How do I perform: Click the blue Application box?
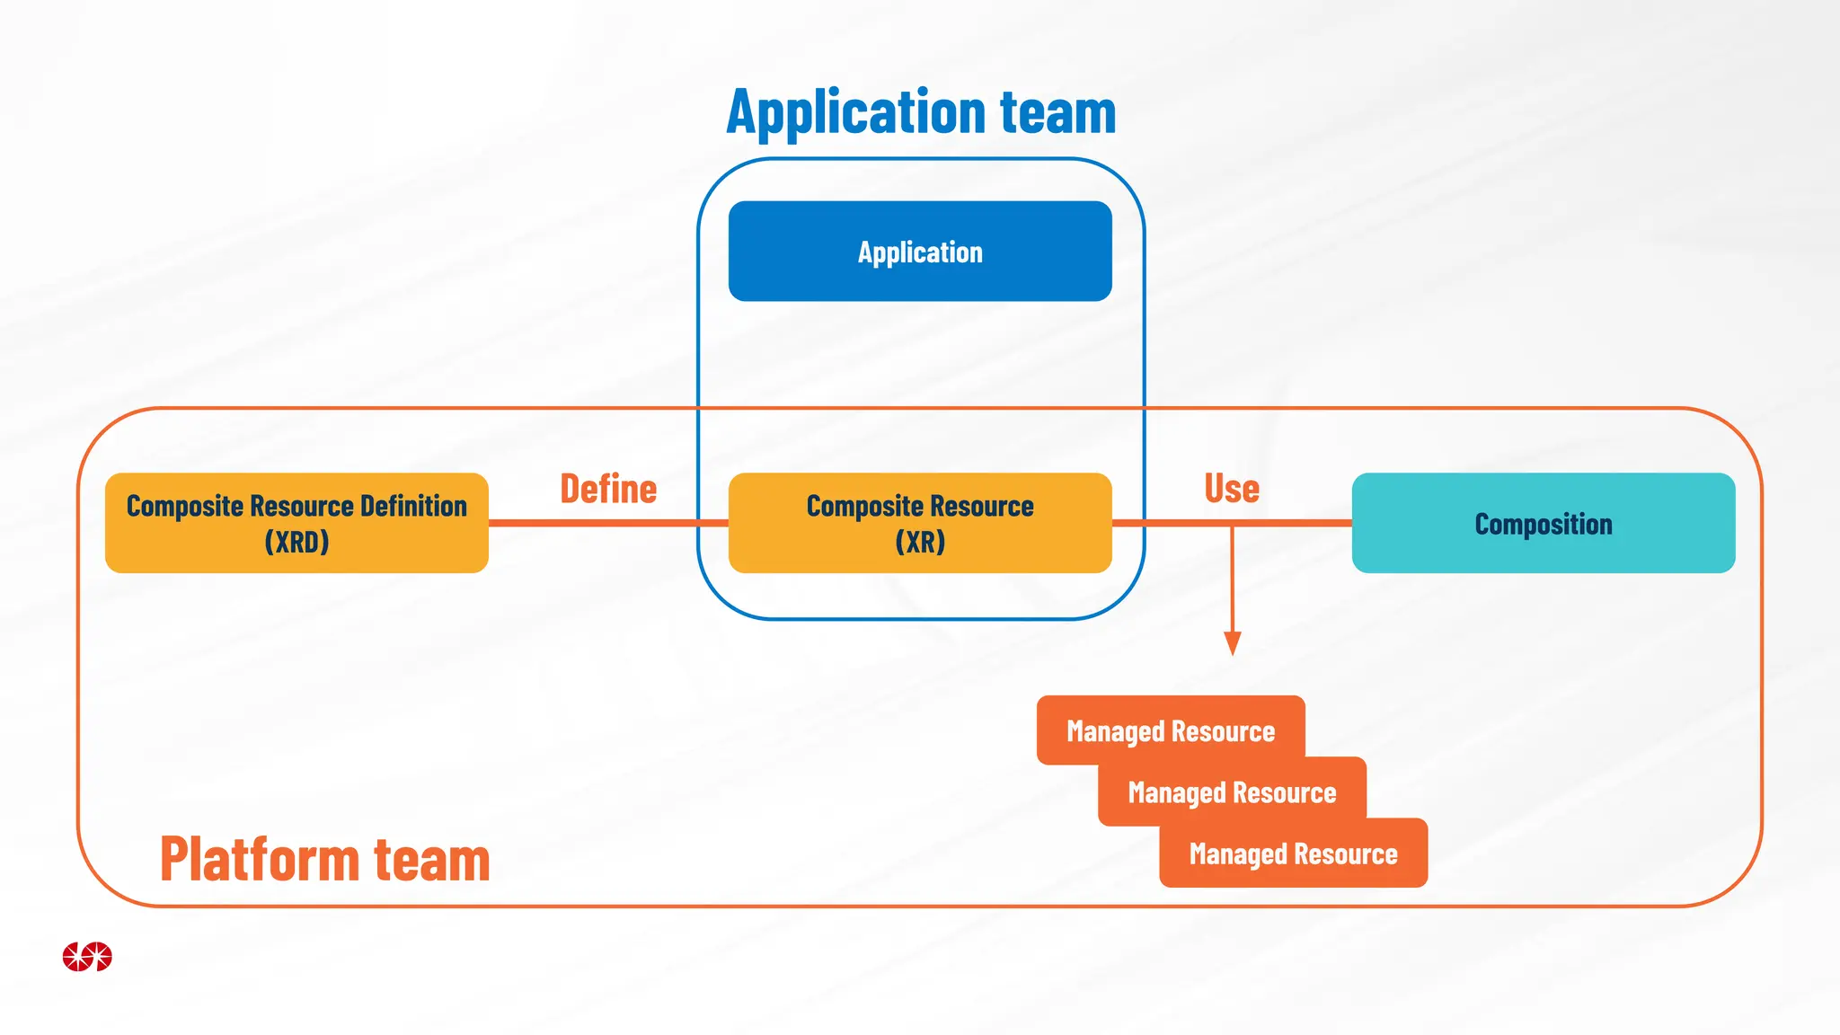tap(920, 252)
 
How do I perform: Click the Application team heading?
tap(921, 113)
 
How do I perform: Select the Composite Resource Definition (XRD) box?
tap(296, 523)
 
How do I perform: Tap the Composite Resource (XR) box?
tap(920, 523)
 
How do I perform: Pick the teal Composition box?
tap(1543, 523)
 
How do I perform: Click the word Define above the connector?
tap(608, 490)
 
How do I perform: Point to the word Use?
tap(1232, 490)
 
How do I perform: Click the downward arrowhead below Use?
tap(1233, 643)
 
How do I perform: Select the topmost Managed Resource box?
tap(1170, 730)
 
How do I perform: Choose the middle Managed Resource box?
tap(1232, 792)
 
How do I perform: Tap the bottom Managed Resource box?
tap(1293, 854)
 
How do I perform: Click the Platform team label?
tap(324, 860)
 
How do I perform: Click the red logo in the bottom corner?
tap(87, 956)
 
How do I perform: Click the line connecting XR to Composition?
tap(1294, 523)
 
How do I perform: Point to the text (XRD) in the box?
tap(296, 543)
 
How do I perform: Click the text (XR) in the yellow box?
tap(920, 543)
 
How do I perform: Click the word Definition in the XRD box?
tap(413, 506)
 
